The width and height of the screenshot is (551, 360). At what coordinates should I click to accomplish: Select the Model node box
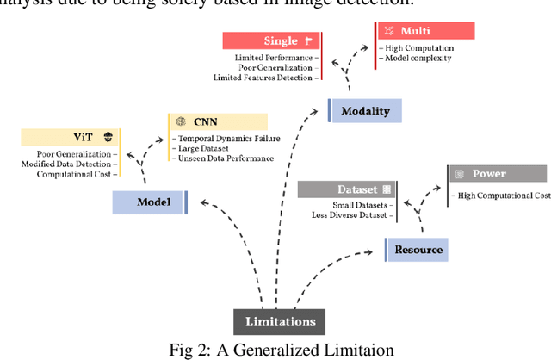pyautogui.click(x=150, y=202)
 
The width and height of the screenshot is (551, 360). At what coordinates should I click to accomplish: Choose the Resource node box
pyautogui.click(x=418, y=250)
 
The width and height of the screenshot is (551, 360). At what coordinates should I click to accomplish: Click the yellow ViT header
pyautogui.click(x=71, y=137)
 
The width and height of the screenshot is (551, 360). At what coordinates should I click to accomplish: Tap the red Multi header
pyautogui.click(x=426, y=30)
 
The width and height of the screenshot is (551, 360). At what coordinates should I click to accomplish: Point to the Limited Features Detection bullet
pyautogui.click(x=263, y=78)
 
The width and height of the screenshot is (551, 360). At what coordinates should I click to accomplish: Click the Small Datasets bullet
pyautogui.click(x=362, y=205)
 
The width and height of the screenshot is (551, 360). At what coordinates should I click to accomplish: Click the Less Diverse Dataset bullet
pyautogui.click(x=353, y=215)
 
